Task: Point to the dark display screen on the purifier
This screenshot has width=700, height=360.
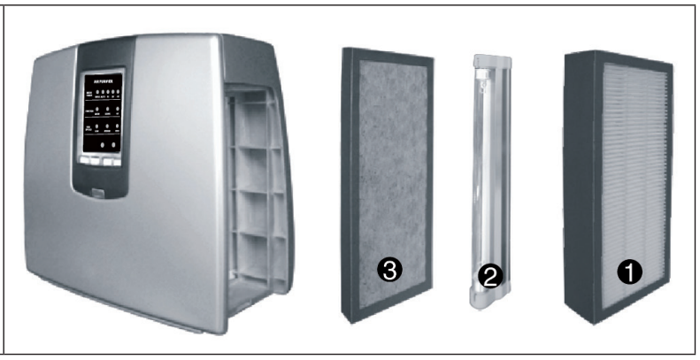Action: (100, 114)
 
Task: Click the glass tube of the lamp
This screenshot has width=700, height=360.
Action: (483, 177)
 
